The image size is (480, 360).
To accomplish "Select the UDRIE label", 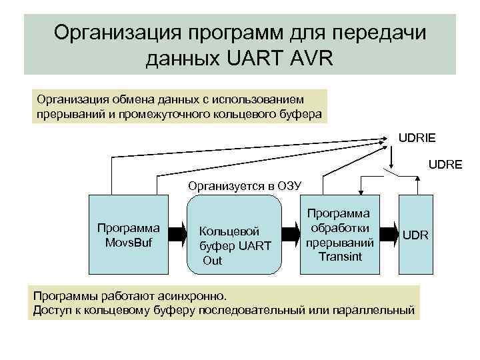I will [x=417, y=138].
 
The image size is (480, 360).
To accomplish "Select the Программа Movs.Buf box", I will [x=128, y=234].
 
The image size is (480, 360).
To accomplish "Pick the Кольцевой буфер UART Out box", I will [x=234, y=240].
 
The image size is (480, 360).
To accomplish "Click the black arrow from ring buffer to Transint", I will [x=288, y=234].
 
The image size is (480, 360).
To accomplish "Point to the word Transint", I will [x=339, y=256].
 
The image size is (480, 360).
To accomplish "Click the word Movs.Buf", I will [x=128, y=241].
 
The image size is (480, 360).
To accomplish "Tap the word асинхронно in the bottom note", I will [x=191, y=295].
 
